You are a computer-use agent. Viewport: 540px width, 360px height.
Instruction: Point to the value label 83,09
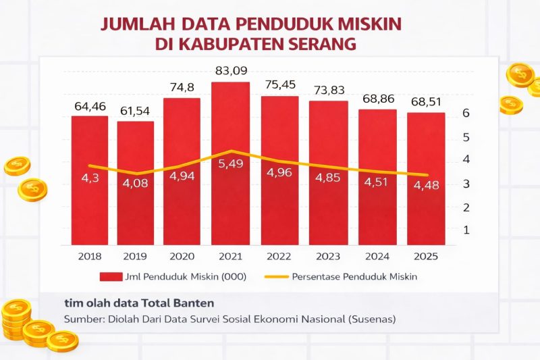click(232, 70)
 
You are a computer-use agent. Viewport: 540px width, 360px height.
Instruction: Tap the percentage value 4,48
click(425, 184)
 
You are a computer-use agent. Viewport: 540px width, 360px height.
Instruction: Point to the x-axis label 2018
click(90, 257)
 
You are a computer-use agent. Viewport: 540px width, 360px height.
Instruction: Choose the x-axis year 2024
click(377, 257)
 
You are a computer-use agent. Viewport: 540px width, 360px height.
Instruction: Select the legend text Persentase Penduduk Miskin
click(357, 276)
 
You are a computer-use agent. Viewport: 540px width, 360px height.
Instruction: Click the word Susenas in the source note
click(368, 319)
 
